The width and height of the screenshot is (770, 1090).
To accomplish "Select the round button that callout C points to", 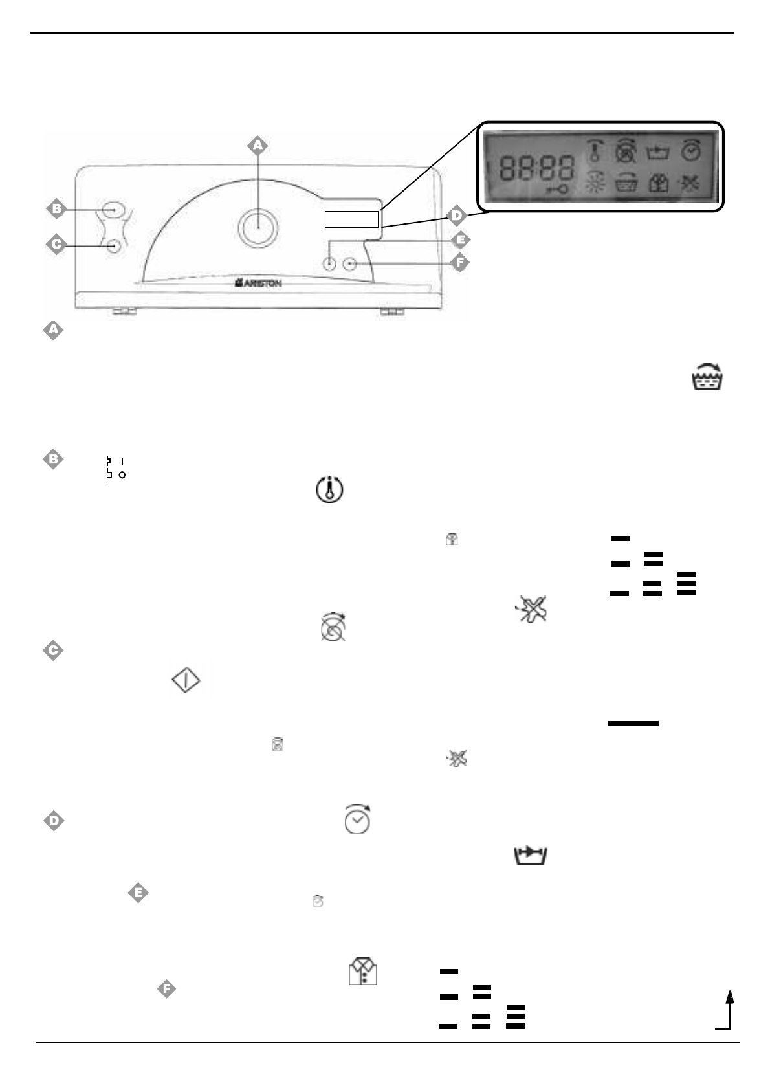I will (x=115, y=246).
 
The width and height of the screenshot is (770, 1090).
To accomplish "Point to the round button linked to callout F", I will (x=351, y=263).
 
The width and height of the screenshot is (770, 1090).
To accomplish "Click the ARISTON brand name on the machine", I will (x=258, y=283).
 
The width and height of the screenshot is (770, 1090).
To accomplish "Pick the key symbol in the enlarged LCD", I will (x=558, y=190).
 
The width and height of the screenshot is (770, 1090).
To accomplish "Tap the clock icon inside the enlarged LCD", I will (x=690, y=151).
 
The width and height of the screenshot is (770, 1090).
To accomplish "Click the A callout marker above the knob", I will (x=258, y=146).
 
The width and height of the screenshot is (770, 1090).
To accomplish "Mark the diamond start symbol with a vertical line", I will (x=186, y=681).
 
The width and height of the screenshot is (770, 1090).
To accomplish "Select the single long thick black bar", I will (x=633, y=723).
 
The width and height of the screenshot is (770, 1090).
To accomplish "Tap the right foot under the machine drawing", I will (x=391, y=312).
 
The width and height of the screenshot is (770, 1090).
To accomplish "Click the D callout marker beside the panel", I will (x=457, y=215).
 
